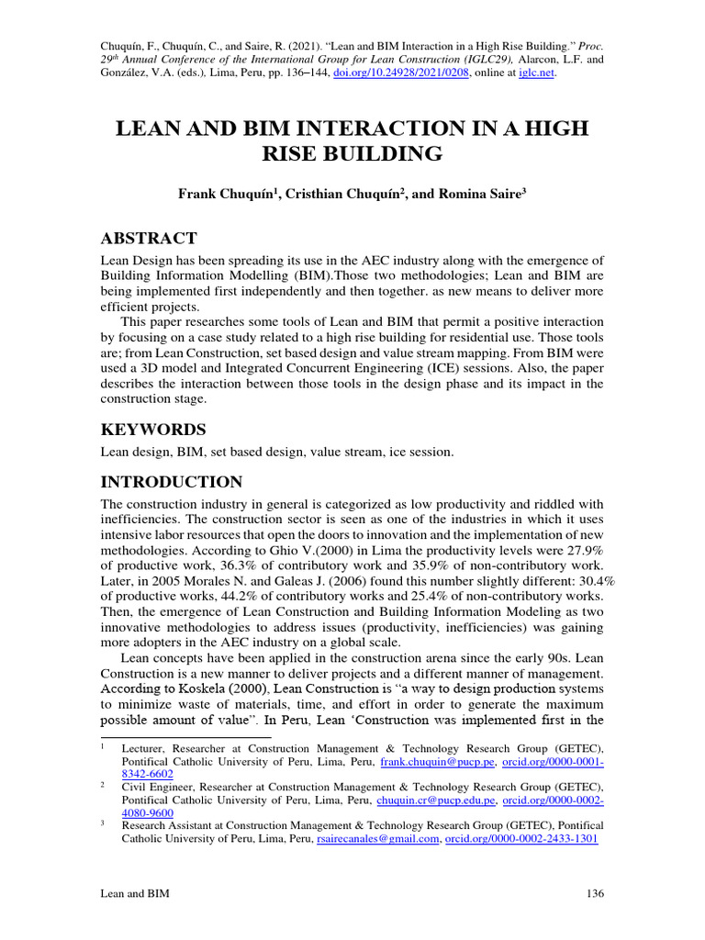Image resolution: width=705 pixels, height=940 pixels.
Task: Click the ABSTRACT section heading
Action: pos(148,239)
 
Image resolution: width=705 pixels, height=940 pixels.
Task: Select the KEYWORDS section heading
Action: pos(152,430)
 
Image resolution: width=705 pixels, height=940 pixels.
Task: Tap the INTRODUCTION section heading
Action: pos(171,482)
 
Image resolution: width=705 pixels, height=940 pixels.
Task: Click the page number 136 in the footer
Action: pos(593,893)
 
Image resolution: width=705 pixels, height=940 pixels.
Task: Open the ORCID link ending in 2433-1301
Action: pos(521,839)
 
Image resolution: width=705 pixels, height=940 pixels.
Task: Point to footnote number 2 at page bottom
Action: pos(102,787)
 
